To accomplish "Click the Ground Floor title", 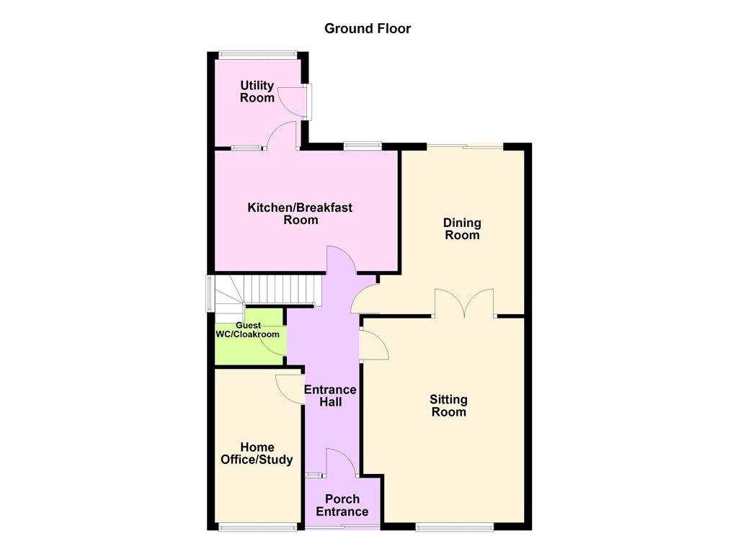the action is [x=368, y=29].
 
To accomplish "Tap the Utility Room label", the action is [x=257, y=91].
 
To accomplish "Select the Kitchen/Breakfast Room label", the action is [x=301, y=214].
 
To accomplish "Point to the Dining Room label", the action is [x=462, y=228].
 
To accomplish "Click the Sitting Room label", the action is [x=448, y=406].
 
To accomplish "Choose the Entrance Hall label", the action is [x=330, y=396].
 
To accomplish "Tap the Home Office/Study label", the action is [x=257, y=453].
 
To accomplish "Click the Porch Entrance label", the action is [x=342, y=505].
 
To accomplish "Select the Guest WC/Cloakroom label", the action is [x=248, y=330].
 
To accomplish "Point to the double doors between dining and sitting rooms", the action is [x=464, y=303].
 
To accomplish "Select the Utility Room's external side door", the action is [x=294, y=102].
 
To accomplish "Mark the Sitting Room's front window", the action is [x=454, y=527].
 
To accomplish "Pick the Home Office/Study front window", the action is [x=258, y=527].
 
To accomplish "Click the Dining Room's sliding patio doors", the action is [x=465, y=146].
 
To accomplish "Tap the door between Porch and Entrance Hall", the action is [x=341, y=463].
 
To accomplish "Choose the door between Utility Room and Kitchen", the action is [x=283, y=135].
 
